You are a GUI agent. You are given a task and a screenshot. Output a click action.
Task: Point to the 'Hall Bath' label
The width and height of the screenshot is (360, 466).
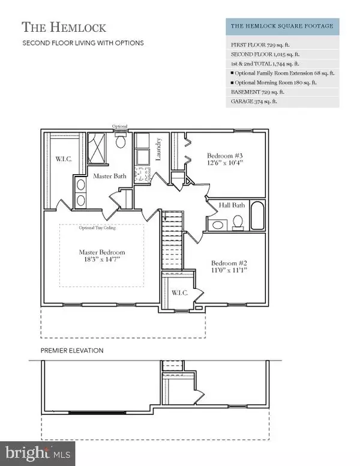233,205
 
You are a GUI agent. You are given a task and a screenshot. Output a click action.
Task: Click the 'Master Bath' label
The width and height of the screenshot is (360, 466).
109,176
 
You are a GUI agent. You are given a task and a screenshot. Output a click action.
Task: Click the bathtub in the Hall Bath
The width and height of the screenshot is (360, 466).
257,216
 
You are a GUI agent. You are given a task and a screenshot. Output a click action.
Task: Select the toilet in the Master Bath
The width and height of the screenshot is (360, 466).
119,142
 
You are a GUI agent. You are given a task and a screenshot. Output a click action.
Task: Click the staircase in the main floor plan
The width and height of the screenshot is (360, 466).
172,229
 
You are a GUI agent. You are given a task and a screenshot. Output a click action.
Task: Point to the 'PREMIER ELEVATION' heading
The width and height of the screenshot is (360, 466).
72,350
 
